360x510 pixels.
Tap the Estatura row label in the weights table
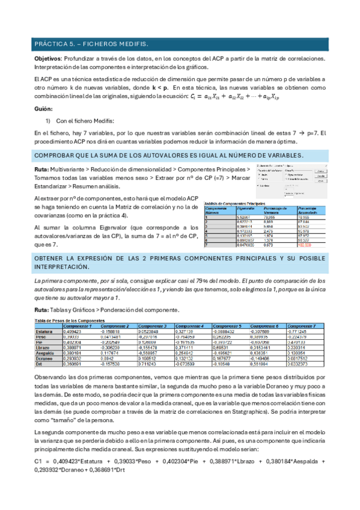tap(44, 331)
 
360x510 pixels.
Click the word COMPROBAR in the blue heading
tap(58, 156)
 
